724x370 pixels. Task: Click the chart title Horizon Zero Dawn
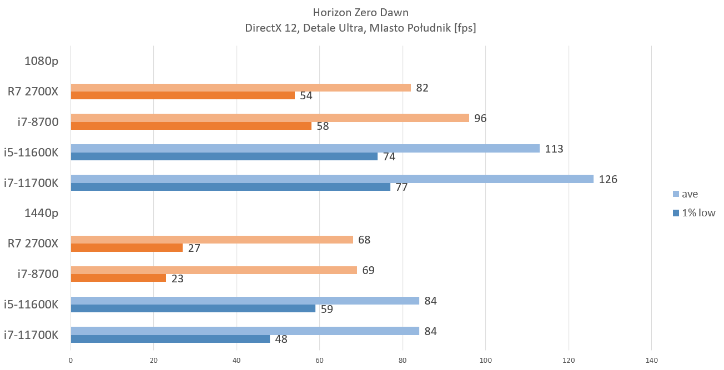point(360,12)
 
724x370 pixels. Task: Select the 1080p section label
point(41,61)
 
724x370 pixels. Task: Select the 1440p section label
point(41,212)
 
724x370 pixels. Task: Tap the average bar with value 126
point(331,179)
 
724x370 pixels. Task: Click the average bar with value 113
point(305,149)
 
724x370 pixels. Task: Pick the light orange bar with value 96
point(269,118)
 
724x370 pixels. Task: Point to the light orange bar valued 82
point(240,88)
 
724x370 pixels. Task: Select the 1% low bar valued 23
point(118,278)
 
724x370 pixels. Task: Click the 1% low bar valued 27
point(127,248)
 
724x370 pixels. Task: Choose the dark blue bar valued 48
point(170,339)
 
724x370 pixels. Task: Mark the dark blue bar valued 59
point(193,308)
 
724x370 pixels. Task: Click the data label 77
point(401,187)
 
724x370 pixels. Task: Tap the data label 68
point(364,240)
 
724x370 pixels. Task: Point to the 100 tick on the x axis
point(486,360)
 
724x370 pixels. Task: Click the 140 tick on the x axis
point(651,360)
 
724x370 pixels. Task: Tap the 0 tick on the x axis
point(71,360)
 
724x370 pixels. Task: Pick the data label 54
point(306,96)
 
